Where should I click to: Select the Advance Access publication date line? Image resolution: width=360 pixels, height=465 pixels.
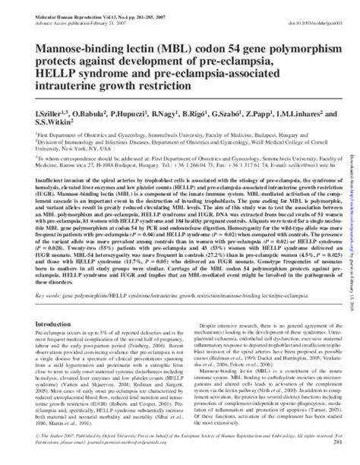tap(55, 11)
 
